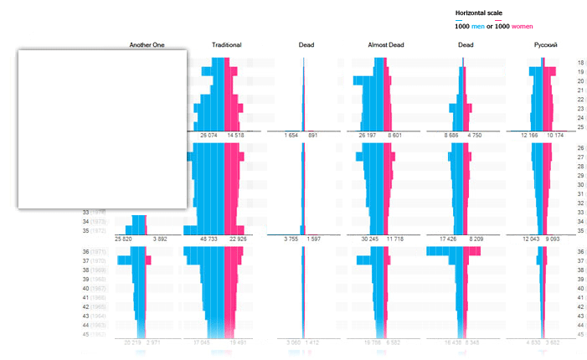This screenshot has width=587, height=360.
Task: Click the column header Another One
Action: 147,44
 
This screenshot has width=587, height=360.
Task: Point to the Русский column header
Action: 545,44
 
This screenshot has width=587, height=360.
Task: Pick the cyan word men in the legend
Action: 478,26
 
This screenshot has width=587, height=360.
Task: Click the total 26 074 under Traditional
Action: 209,135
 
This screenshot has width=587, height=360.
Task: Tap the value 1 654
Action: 291,135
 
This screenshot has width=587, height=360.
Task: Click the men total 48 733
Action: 209,239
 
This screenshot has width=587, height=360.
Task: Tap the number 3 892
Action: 157,239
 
